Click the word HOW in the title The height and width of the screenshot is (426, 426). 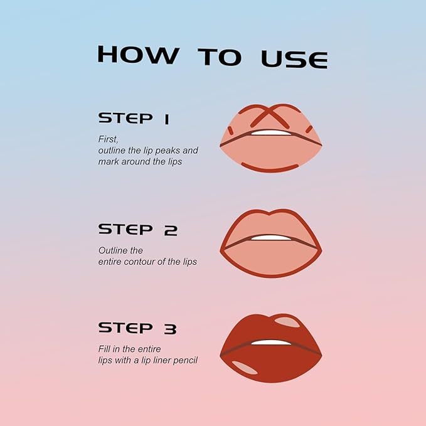(x=137, y=55)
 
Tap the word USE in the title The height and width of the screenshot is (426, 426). (x=294, y=58)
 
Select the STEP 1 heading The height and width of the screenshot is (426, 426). (x=134, y=118)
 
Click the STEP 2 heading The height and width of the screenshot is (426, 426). (x=137, y=230)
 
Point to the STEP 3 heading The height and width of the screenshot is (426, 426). (x=137, y=328)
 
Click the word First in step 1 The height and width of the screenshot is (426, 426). (x=109, y=139)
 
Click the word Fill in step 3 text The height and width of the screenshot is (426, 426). (x=104, y=349)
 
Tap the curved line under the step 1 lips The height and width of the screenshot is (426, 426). (x=270, y=168)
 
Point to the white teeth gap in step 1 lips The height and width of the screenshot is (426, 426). (x=271, y=133)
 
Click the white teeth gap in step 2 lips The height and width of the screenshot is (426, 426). (x=271, y=238)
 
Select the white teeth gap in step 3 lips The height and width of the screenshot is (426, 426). (x=271, y=342)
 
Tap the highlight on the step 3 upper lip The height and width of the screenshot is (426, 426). (x=287, y=322)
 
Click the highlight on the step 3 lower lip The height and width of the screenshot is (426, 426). (x=244, y=368)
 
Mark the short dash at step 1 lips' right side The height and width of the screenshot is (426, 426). (x=309, y=129)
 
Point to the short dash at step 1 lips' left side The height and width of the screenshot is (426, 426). (x=230, y=130)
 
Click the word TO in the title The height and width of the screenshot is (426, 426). (x=219, y=56)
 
